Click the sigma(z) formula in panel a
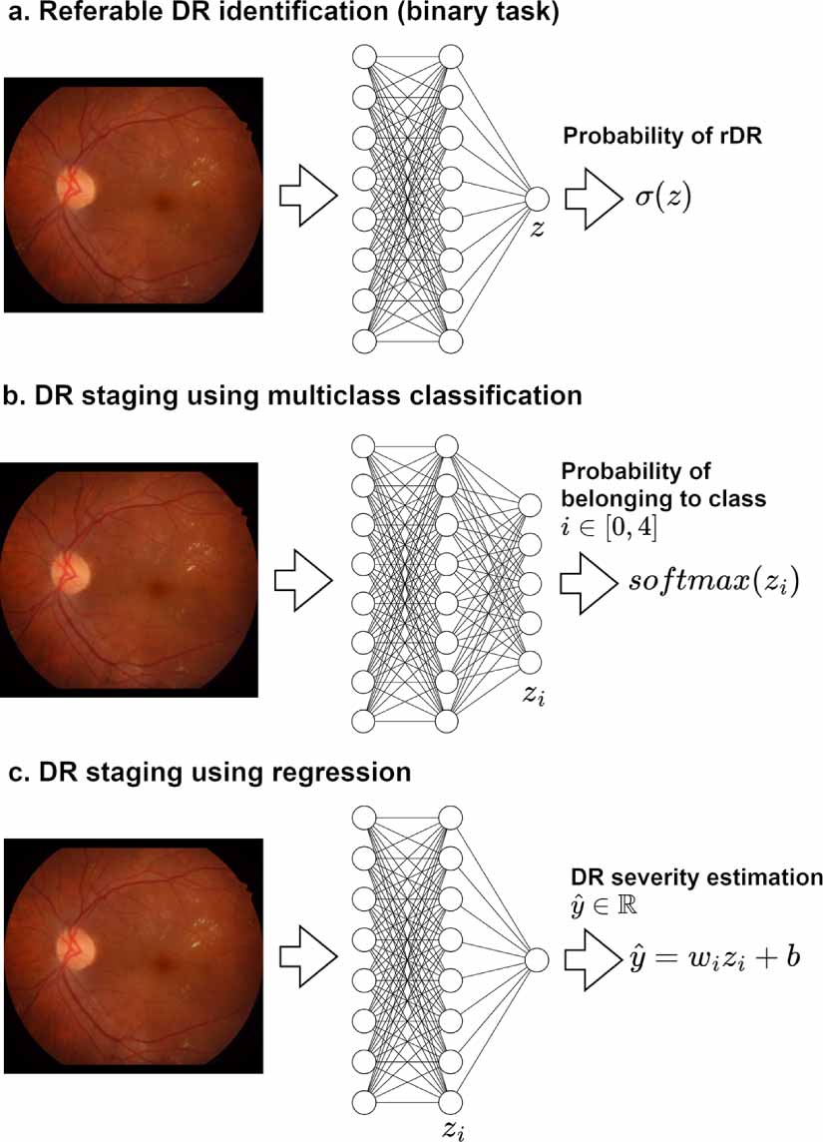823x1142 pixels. tap(656, 197)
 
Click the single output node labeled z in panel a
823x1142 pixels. tap(538, 198)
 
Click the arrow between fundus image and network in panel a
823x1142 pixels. tap(305, 197)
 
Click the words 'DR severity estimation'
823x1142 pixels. tap(696, 877)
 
